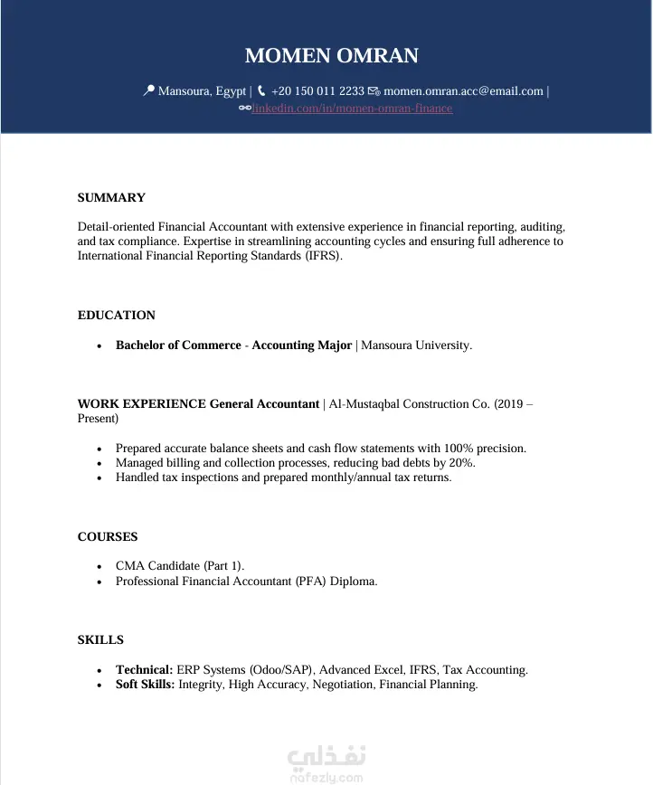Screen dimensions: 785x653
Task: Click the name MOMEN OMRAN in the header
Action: click(331, 56)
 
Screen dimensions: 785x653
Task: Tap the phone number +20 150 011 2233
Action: click(317, 91)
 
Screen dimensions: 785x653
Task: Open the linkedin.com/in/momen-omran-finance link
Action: click(352, 109)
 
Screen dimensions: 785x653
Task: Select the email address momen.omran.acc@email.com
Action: click(463, 91)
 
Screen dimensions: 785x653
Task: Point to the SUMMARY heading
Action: click(111, 198)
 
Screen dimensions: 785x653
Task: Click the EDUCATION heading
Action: click(117, 316)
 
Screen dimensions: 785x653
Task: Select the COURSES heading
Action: click(108, 537)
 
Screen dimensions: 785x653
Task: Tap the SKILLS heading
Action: click(100, 640)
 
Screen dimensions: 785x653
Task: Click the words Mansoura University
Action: click(416, 345)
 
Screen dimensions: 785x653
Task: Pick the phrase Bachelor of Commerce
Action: click(178, 345)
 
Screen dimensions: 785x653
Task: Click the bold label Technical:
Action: click(144, 670)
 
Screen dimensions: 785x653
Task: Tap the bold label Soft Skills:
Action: click(145, 685)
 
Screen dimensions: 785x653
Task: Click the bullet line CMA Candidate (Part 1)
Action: click(180, 566)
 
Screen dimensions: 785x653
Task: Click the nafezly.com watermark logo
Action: click(326, 763)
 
